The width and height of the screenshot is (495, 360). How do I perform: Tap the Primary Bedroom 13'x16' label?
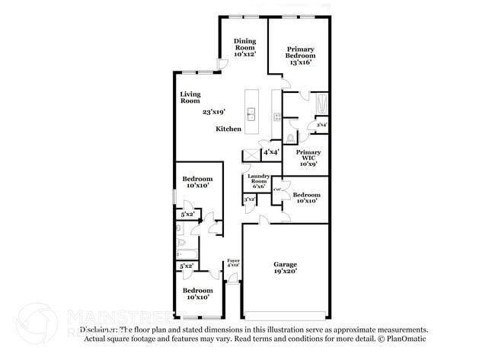point(300,56)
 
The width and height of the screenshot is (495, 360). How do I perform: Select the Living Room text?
point(190,97)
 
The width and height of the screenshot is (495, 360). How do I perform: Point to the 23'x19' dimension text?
point(214,112)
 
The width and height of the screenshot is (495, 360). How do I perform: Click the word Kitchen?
point(228,129)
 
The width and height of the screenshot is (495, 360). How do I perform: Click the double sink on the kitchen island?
point(252,116)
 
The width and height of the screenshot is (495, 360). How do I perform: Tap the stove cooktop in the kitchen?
point(276,116)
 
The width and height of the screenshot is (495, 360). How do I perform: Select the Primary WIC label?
point(308,157)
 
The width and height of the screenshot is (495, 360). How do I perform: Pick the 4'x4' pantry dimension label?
point(270,152)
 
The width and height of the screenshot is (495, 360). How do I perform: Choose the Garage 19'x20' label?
point(285,267)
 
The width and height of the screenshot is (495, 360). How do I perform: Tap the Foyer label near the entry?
point(233,263)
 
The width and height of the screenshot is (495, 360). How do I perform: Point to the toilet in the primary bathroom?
point(290,138)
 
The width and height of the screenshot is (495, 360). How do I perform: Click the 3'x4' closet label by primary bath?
point(321,125)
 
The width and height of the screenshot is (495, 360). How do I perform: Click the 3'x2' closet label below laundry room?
point(249,199)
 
